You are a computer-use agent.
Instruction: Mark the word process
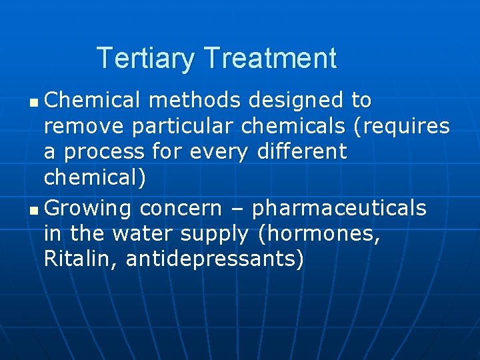click(x=105, y=152)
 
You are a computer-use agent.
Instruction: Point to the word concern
click(x=181, y=209)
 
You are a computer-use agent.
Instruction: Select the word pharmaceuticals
click(x=339, y=209)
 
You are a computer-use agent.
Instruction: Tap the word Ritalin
click(x=79, y=259)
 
